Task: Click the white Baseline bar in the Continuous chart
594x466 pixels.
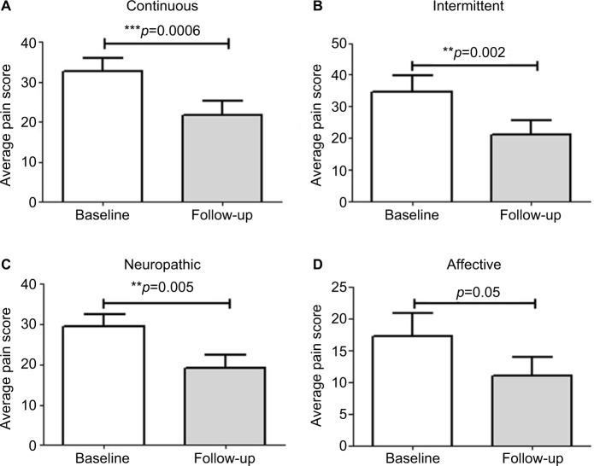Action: pyautogui.click(x=103, y=137)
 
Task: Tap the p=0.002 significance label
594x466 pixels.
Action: pyautogui.click(x=474, y=51)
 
